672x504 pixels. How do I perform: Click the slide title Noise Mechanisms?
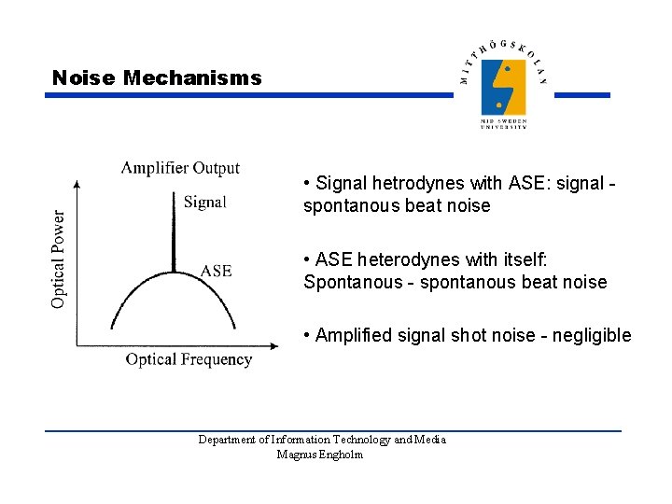(157, 78)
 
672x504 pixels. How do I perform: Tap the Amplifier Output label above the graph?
(180, 168)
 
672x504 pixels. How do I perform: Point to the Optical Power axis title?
(59, 259)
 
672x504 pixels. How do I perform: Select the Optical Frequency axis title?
(189, 359)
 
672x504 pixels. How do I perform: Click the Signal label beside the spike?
(204, 202)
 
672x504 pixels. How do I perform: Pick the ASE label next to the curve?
(216, 271)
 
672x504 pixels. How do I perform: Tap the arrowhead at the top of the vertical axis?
(77, 184)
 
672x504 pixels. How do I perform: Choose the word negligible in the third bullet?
(592, 335)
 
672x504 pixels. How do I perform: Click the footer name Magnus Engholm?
(320, 455)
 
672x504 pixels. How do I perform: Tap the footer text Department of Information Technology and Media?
(322, 440)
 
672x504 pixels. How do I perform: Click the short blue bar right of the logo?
(588, 95)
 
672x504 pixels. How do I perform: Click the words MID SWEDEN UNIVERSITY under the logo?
(503, 124)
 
